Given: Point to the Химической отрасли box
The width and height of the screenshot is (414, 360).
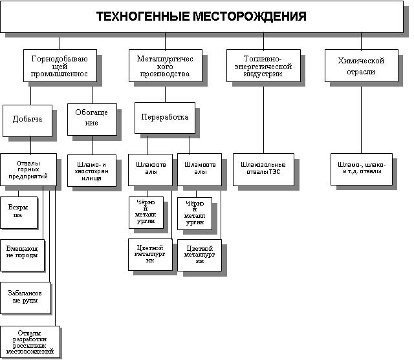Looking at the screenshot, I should [x=361, y=66].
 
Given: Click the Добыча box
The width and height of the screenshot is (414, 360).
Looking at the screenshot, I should [x=27, y=120].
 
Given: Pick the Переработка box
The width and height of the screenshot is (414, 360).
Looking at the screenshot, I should [x=164, y=118].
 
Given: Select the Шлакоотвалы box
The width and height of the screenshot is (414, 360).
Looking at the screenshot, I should [x=149, y=168].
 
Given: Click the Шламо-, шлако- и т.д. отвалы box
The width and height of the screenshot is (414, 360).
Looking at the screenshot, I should [x=361, y=169].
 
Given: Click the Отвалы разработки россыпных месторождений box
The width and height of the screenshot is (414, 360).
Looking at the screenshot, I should [x=30, y=342].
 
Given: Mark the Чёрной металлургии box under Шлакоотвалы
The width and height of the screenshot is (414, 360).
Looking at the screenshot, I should [x=146, y=212].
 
